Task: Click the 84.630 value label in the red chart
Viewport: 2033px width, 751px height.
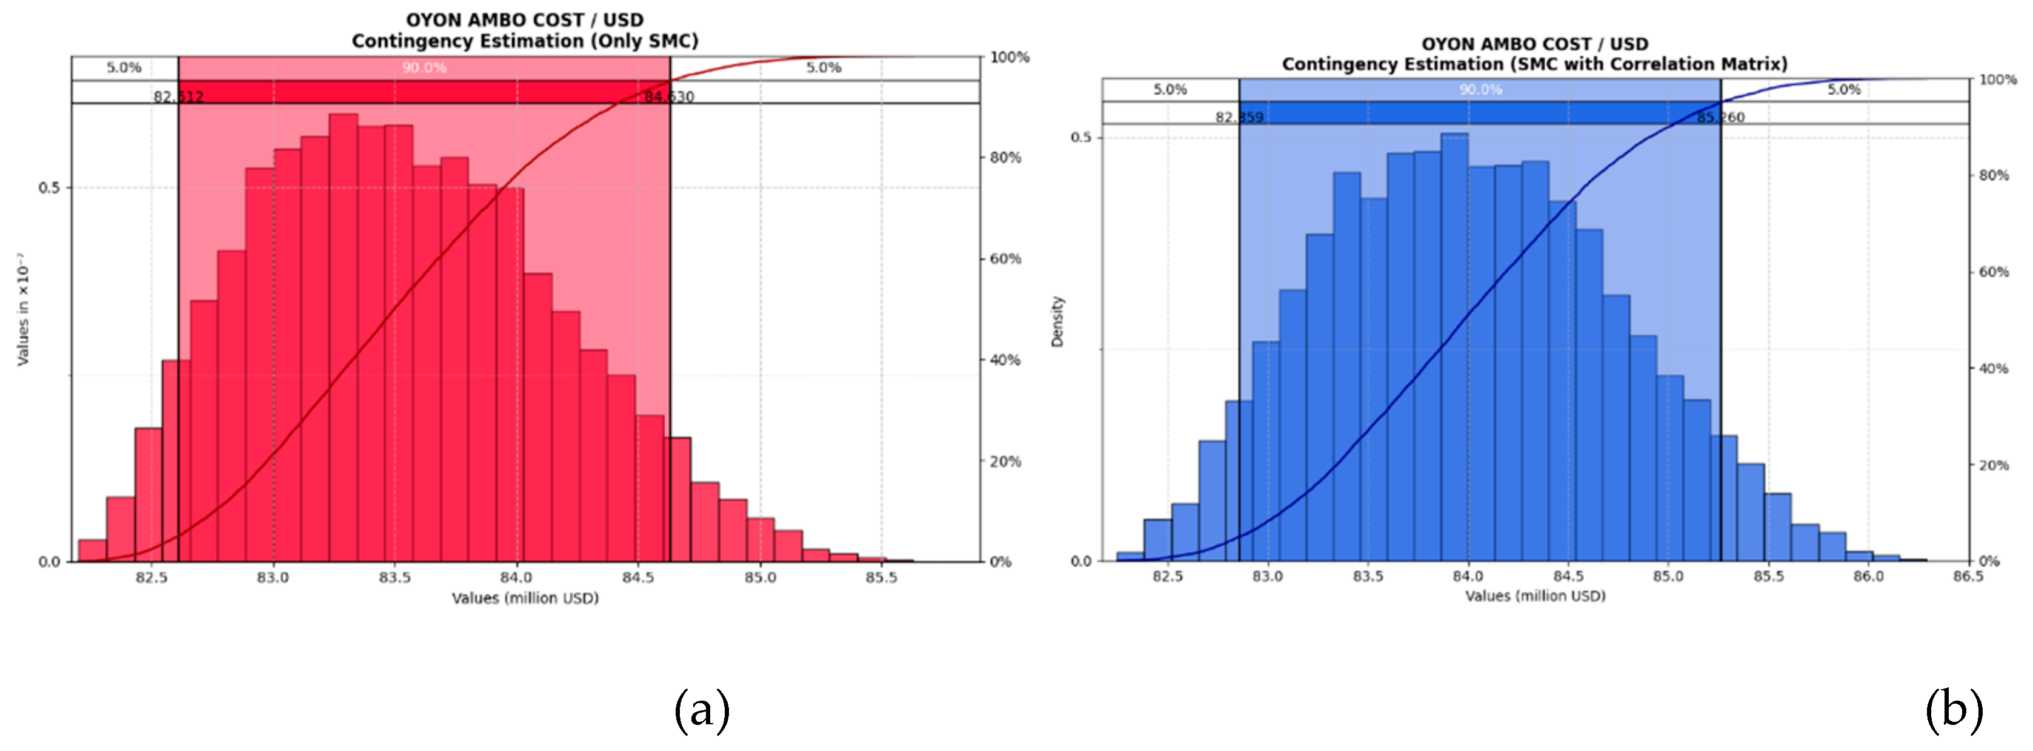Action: [x=669, y=97]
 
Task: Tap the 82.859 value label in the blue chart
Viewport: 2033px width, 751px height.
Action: [x=1239, y=118]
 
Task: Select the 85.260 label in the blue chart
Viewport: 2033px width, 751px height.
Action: [x=1722, y=118]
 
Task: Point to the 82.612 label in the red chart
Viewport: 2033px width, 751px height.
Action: [x=178, y=97]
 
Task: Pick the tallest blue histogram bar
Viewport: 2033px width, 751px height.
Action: [x=1454, y=348]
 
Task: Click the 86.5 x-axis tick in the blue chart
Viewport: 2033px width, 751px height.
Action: [x=1968, y=576]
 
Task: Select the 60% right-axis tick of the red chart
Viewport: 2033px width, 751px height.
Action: [x=1005, y=259]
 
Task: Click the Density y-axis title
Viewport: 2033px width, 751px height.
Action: [x=1057, y=322]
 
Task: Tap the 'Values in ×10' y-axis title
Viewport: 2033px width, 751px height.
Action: [x=23, y=309]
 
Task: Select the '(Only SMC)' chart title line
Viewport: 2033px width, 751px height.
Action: [x=525, y=41]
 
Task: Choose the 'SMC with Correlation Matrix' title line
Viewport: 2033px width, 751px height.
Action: [x=1534, y=64]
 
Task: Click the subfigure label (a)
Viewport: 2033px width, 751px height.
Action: [x=702, y=709]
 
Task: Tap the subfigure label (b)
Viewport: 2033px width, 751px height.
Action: [x=1953, y=709]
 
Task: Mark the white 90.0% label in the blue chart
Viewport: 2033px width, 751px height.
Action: [x=1480, y=90]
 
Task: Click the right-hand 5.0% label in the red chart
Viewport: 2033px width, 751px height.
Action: [x=823, y=68]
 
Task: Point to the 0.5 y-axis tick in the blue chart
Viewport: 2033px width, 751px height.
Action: [x=1080, y=138]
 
